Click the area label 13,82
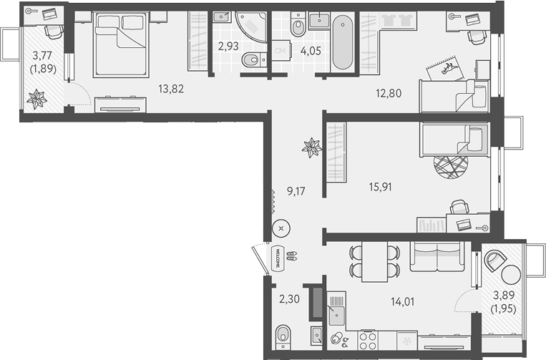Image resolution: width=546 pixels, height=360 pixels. [171, 89]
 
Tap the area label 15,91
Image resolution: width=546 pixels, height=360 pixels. [380, 187]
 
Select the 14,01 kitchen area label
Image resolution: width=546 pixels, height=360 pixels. [403, 301]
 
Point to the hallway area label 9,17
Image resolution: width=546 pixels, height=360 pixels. [296, 191]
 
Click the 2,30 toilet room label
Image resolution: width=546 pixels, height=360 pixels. [289, 298]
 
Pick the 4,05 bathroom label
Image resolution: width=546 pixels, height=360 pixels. [311, 51]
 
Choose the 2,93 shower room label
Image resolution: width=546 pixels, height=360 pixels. [228, 46]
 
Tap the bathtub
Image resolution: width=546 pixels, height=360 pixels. [343, 42]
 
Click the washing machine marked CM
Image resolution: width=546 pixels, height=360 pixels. [280, 51]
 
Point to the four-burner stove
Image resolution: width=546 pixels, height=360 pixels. [368, 340]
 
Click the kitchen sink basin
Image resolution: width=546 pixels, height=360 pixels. [337, 316]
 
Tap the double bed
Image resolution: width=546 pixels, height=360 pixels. [120, 44]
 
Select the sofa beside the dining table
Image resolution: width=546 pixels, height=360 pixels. [437, 257]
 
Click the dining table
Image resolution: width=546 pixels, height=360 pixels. [375, 261]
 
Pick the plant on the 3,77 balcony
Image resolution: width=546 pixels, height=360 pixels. [36, 99]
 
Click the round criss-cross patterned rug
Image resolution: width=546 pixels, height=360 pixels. [451, 167]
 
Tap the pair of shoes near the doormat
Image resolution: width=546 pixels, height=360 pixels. [291, 257]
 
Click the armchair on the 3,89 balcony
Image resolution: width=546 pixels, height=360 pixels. [494, 261]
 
